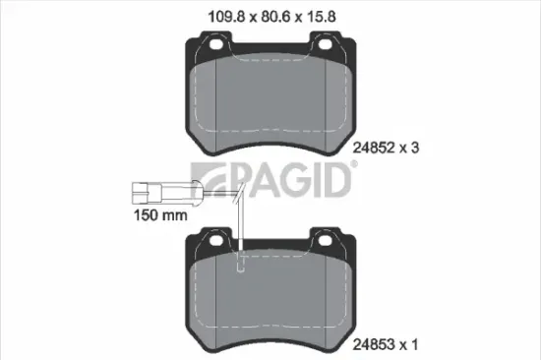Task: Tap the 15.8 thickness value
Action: point(326,17)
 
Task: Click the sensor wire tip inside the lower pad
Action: point(242,264)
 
